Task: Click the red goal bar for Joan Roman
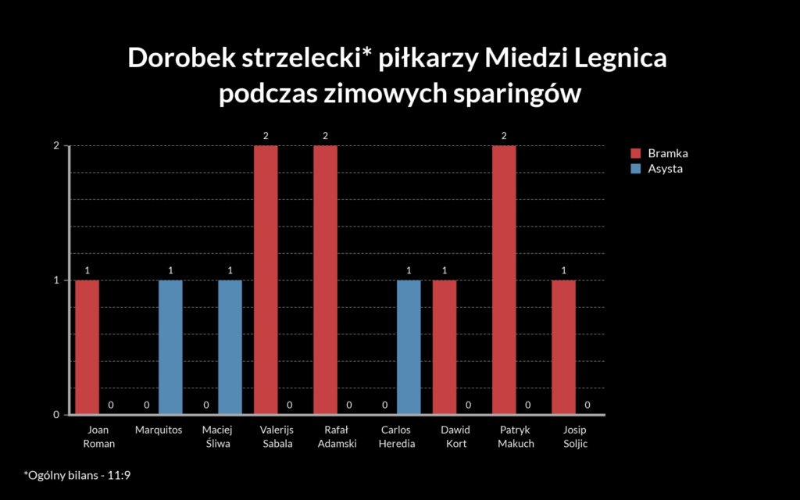[87, 347]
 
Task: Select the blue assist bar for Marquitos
[170, 347]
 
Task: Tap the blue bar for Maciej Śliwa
[230, 347]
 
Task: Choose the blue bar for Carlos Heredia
[409, 347]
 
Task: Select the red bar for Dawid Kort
[445, 347]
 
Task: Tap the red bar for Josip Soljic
[563, 347]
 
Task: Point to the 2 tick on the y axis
[56, 146]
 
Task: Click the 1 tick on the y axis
[56, 280]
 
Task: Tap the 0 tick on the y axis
[56, 414]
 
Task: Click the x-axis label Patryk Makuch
[516, 437]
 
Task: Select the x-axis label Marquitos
[159, 430]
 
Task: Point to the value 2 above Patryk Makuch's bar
[504, 136]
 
